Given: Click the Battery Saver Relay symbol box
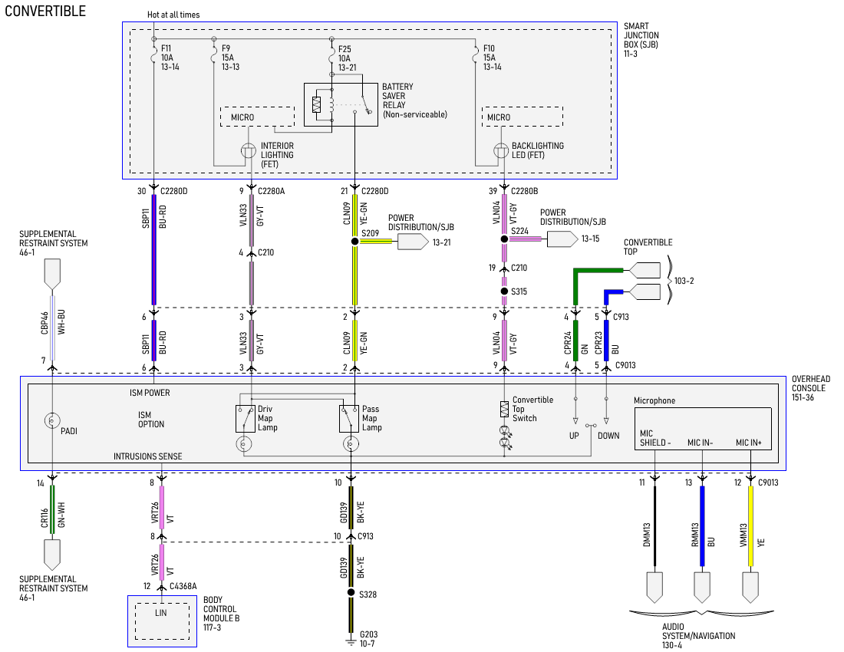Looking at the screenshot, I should (x=341, y=105).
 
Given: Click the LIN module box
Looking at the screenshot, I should (x=162, y=621).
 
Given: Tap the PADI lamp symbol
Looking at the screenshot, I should (x=51, y=420).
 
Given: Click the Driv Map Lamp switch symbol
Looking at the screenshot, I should (x=245, y=419).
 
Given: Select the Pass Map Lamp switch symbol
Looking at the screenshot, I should (x=350, y=419).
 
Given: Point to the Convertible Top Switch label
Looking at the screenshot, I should (x=532, y=409).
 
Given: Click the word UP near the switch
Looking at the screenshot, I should (x=574, y=436).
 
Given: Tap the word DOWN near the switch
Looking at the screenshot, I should (x=608, y=436).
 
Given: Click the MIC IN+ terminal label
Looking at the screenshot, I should (x=749, y=443).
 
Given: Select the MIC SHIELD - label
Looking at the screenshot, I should (x=654, y=438).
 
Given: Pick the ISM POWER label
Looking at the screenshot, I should (x=150, y=393).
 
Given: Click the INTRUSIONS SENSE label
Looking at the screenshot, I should (x=148, y=456).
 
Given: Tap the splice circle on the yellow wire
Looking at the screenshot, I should (x=354, y=242).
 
